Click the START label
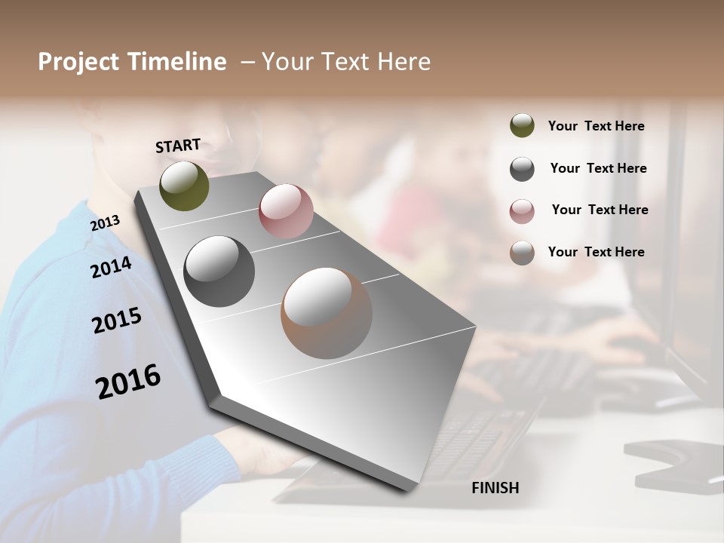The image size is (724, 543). (x=178, y=146)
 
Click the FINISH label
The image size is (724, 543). (x=495, y=488)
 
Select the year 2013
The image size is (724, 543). (x=105, y=222)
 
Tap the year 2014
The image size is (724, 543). (x=111, y=267)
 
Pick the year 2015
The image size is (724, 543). (x=117, y=321)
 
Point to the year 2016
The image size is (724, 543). (x=128, y=381)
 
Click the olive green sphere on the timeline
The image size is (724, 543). (x=185, y=186)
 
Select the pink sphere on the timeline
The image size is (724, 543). (x=286, y=211)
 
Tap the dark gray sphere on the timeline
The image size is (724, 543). (x=219, y=271)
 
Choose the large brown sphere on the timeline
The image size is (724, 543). (x=327, y=313)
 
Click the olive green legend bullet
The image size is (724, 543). (x=522, y=126)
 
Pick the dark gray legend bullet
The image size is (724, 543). (x=522, y=169)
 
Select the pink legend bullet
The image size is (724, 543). (x=522, y=211)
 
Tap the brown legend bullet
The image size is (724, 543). (x=522, y=253)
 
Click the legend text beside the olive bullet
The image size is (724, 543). (x=597, y=127)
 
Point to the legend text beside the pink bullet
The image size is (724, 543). (x=600, y=210)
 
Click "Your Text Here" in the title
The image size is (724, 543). (x=346, y=62)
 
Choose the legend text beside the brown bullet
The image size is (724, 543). (x=597, y=252)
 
